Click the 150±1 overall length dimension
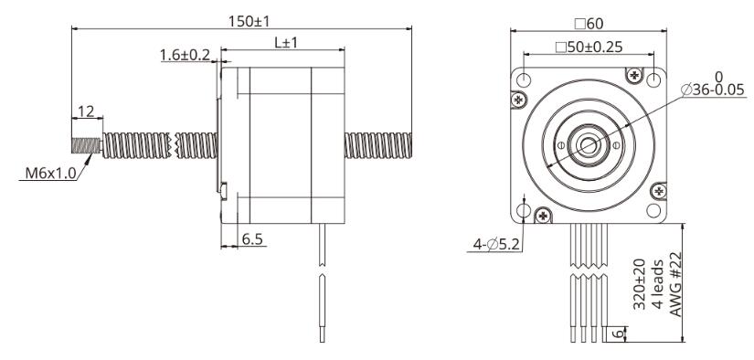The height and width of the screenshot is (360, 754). (x=249, y=21)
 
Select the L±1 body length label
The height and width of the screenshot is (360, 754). (x=286, y=43)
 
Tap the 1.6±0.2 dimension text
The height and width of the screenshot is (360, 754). (x=186, y=55)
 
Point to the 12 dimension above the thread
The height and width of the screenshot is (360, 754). (x=86, y=111)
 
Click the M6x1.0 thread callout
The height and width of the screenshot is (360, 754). (x=51, y=173)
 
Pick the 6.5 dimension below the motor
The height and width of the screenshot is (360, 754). (x=253, y=239)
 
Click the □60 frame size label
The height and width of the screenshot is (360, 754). (x=589, y=23)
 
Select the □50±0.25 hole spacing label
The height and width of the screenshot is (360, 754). (x=589, y=48)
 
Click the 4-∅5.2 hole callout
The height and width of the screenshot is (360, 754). (x=497, y=245)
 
